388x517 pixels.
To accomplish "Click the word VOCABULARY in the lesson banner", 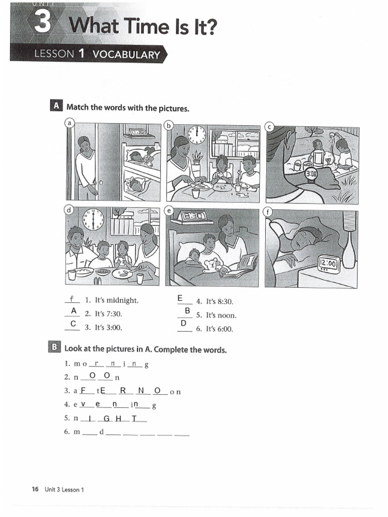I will click(x=126, y=55).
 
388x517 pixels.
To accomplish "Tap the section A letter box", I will click(x=57, y=106).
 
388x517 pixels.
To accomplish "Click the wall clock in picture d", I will click(x=93, y=219).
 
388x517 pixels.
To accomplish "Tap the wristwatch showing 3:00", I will click(x=311, y=173).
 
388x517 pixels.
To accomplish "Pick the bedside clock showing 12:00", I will click(x=328, y=263).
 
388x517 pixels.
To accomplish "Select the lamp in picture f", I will click(x=348, y=242).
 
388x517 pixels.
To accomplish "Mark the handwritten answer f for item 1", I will click(x=72, y=299).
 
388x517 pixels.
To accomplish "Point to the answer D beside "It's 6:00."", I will click(x=183, y=323).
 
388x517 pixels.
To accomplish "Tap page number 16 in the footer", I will click(x=35, y=489).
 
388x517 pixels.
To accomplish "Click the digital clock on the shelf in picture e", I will click(x=192, y=216).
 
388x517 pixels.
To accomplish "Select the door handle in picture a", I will click(x=101, y=182).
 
